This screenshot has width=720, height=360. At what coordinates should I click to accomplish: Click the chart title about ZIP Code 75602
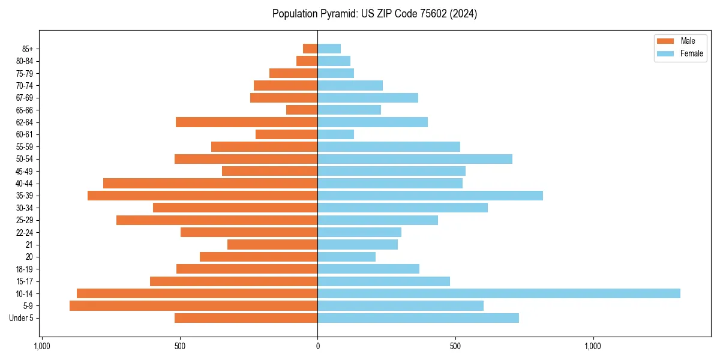click(x=374, y=14)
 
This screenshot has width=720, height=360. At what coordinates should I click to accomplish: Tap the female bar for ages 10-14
click(x=499, y=293)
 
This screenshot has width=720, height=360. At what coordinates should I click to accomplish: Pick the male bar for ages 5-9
click(x=193, y=305)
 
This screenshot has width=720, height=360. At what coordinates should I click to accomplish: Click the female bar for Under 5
click(x=418, y=318)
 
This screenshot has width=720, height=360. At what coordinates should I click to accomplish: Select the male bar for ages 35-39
click(x=202, y=196)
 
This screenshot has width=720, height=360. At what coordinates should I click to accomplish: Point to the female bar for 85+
click(x=329, y=49)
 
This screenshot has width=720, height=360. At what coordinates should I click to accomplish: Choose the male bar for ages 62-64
click(x=247, y=122)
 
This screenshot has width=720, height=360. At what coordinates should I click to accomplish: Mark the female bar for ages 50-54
click(x=415, y=159)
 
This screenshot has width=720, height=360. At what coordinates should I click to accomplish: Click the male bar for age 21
click(x=272, y=244)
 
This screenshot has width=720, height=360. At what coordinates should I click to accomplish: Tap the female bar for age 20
click(x=346, y=257)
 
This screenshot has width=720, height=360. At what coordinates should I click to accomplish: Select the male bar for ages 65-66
click(x=302, y=110)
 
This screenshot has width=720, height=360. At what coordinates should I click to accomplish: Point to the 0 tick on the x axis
click(x=317, y=346)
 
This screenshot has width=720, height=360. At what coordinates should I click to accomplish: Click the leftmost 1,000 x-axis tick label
click(x=42, y=346)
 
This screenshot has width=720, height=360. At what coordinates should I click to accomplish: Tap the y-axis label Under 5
click(x=22, y=318)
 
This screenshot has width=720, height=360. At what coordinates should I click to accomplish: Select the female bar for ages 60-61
click(x=335, y=134)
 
